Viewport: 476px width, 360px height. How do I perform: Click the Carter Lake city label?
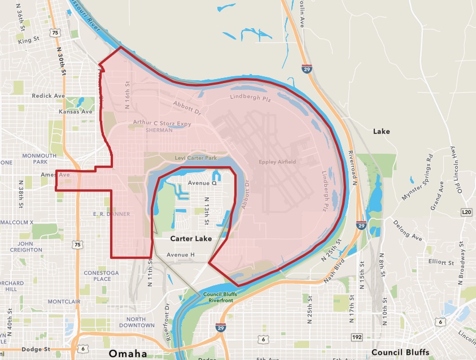[x=191, y=239]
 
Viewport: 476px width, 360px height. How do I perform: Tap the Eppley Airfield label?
[x=277, y=162]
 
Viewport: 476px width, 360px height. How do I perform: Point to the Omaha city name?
[x=128, y=353]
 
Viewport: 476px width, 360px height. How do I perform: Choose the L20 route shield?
[x=466, y=211]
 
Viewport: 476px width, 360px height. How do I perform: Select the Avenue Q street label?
[x=202, y=184]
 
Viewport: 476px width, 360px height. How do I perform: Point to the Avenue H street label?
[x=181, y=255]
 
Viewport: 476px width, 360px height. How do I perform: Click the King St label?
[x=29, y=41]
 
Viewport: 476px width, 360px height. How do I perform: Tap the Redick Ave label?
[x=49, y=96]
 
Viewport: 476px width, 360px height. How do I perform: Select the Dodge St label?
[x=24, y=350]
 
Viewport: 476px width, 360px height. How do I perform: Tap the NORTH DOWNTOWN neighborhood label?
[x=133, y=322]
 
